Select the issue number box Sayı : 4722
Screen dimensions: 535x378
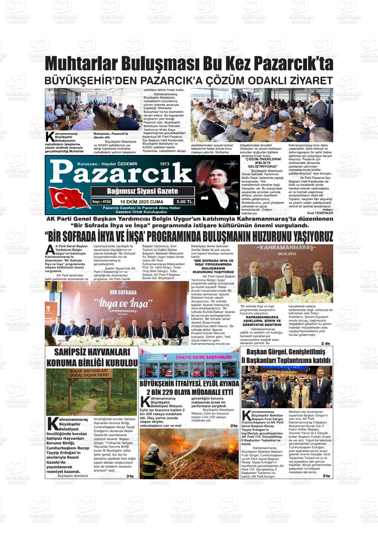click(x=101, y=201)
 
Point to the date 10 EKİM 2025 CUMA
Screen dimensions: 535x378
click(x=142, y=201)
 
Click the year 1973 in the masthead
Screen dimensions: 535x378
click(x=164, y=164)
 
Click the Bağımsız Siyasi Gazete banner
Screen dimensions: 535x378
click(x=143, y=191)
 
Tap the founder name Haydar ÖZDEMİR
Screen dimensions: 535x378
click(x=118, y=164)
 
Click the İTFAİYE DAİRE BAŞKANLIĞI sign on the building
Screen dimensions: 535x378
click(x=208, y=357)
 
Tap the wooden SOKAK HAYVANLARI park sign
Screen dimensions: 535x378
click(x=89, y=373)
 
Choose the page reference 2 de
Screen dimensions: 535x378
click(x=325, y=344)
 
